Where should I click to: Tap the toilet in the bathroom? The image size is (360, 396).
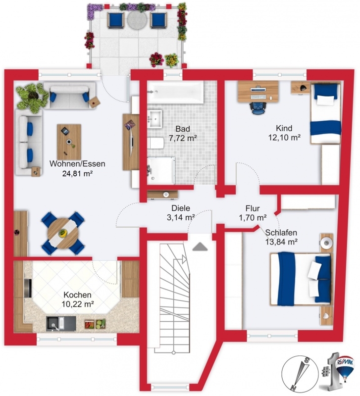pyautogui.click(x=156, y=144)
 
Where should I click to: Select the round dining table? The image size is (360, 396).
pyautogui.click(x=63, y=233)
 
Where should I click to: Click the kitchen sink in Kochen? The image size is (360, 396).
pyautogui.click(x=61, y=324)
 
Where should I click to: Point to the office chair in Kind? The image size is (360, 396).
pyautogui.click(x=258, y=107)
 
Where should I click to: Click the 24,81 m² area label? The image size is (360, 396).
pyautogui.click(x=77, y=174)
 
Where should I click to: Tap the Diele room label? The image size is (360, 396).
pyautogui.click(x=181, y=208)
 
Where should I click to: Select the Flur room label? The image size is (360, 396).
pyautogui.click(x=253, y=208)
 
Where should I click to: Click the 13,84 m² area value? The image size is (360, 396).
pyautogui.click(x=281, y=242)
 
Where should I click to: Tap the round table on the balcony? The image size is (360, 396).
pyautogui.click(x=137, y=20)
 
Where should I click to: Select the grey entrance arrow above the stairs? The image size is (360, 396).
pyautogui.click(x=200, y=247)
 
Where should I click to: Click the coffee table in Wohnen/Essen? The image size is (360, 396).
pyautogui.click(x=69, y=142)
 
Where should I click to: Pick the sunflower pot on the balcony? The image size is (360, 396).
pyautogui.click(x=172, y=60)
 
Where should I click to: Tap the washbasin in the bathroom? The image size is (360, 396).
pyautogui.click(x=154, y=119)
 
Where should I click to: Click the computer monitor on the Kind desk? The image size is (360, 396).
pyautogui.click(x=258, y=90)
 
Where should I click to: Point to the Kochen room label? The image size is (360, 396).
pyautogui.click(x=77, y=295)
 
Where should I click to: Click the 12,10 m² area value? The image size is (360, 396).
pyautogui.click(x=284, y=138)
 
